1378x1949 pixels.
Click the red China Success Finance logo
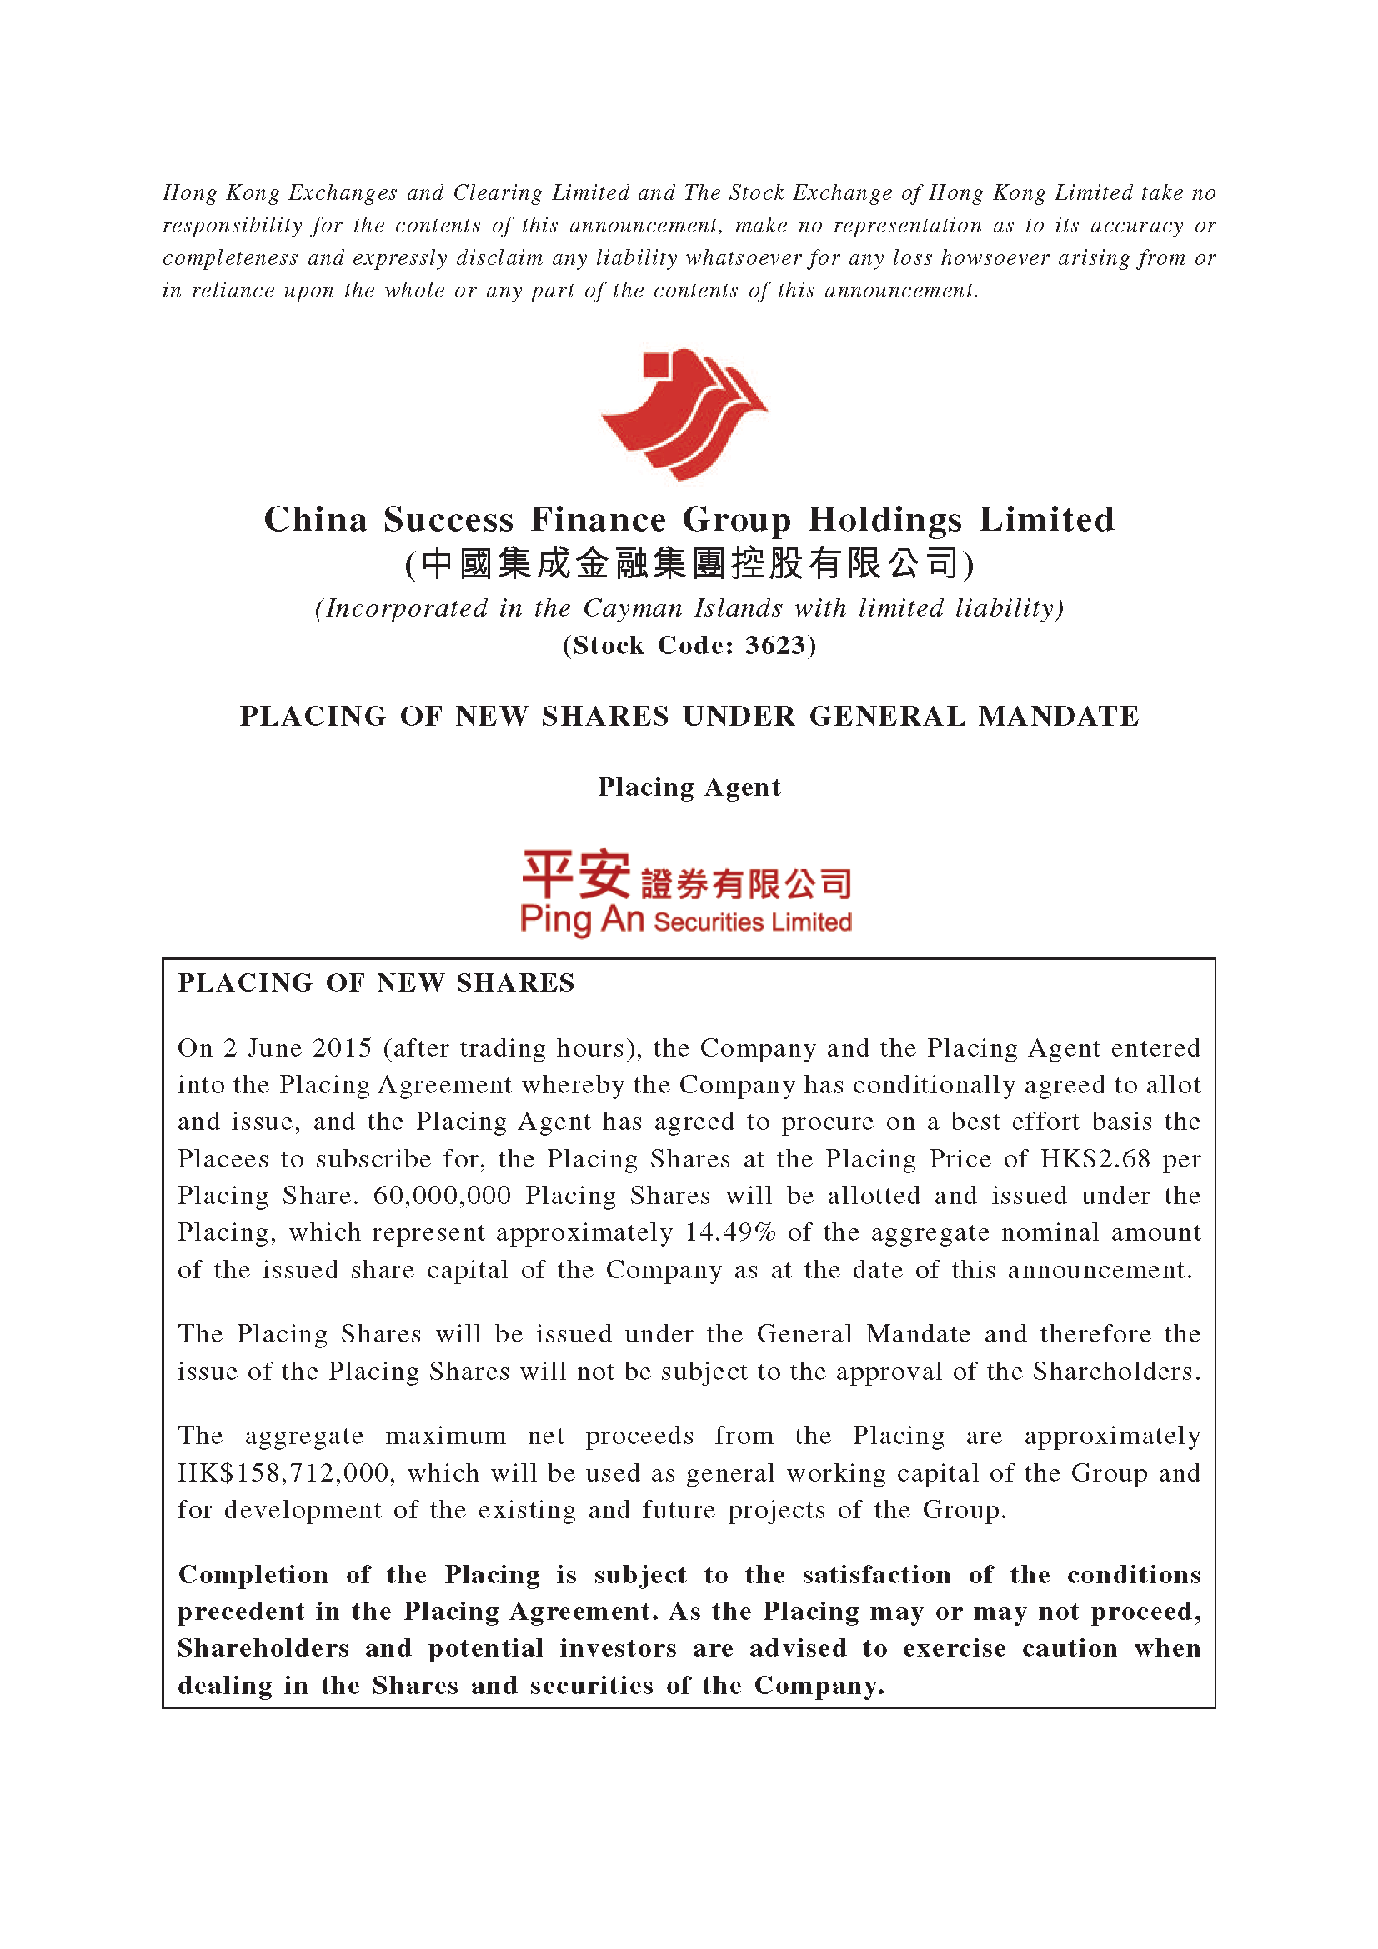click(684, 414)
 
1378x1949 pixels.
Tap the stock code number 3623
click(774, 646)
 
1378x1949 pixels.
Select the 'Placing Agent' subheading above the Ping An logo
click(689, 787)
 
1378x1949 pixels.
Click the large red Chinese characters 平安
click(576, 874)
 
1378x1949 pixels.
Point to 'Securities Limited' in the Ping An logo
click(752, 922)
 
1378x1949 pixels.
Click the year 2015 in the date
click(342, 1047)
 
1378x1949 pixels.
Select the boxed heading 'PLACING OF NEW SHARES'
click(376, 983)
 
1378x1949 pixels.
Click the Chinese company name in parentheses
click(689, 563)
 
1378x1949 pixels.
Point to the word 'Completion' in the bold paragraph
click(253, 1575)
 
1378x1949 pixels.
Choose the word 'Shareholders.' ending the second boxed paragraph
click(1115, 1372)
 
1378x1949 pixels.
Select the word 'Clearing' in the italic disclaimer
click(498, 192)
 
